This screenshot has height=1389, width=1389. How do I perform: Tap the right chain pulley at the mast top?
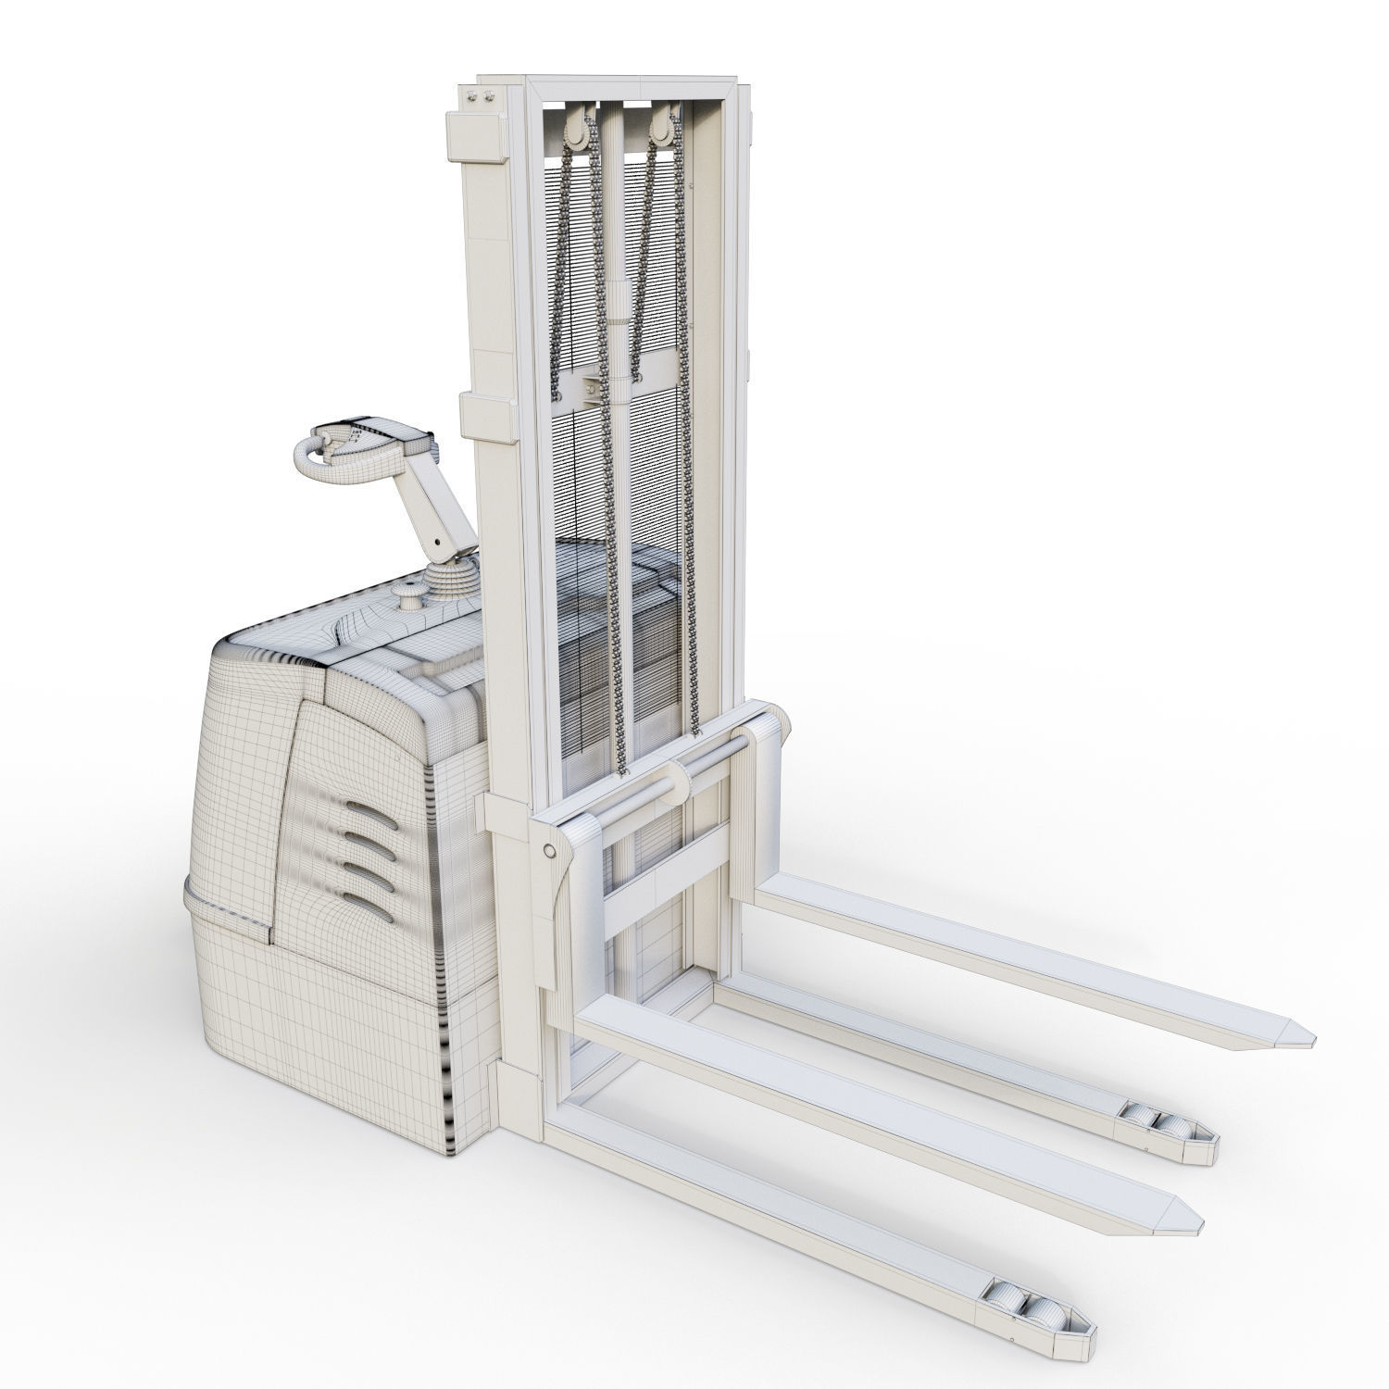coord(663,133)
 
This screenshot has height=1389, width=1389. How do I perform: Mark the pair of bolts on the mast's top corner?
coord(483,97)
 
